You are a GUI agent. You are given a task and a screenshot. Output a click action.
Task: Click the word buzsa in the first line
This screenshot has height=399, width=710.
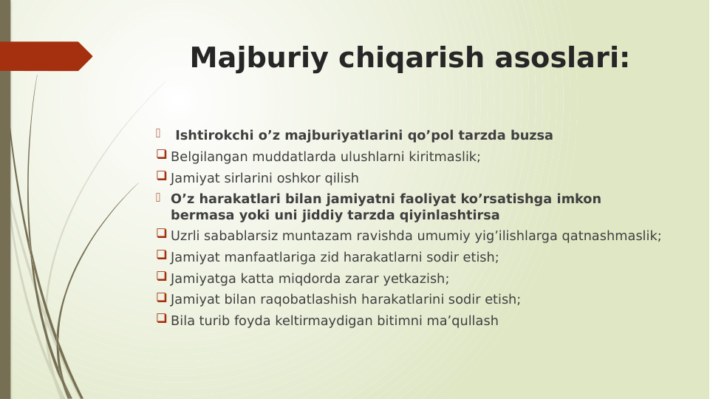[x=534, y=136]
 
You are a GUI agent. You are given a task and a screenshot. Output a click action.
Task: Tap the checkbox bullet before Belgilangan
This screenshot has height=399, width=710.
[x=161, y=155]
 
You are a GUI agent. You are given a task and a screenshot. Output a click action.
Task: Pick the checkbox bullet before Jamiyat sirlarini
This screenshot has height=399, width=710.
[x=161, y=177]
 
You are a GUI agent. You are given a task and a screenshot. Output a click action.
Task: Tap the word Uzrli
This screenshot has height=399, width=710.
[x=186, y=236]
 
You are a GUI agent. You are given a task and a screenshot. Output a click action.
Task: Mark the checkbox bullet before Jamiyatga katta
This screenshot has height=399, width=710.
[x=161, y=277]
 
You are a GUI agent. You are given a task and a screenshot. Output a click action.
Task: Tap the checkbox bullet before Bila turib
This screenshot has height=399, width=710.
[x=161, y=319]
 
